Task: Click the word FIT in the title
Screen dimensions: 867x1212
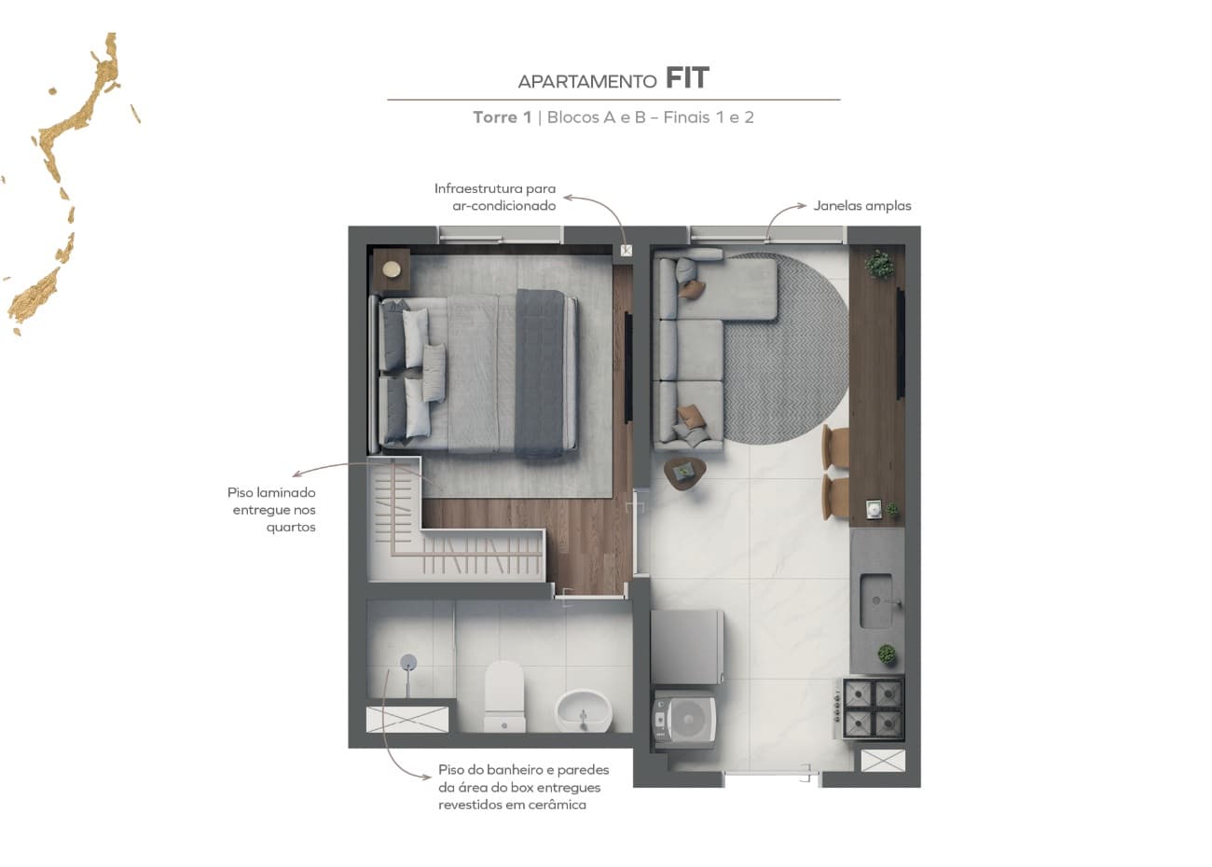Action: pos(687,78)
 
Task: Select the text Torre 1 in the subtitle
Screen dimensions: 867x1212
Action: pos(502,117)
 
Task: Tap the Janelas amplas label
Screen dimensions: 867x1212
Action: pos(861,206)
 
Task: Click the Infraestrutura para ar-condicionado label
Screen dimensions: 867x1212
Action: pos(495,197)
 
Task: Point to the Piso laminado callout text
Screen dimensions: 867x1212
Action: pos(272,510)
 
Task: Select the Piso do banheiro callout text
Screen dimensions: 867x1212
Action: pos(523,787)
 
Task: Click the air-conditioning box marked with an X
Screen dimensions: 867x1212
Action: pos(626,251)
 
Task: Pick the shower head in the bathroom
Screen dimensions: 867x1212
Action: pos(408,663)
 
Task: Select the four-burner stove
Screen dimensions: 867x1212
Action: pos(874,709)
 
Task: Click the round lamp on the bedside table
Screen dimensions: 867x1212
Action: pos(393,269)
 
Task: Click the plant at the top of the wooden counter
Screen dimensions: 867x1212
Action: pos(878,264)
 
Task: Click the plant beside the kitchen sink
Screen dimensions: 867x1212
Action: pos(886,654)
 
